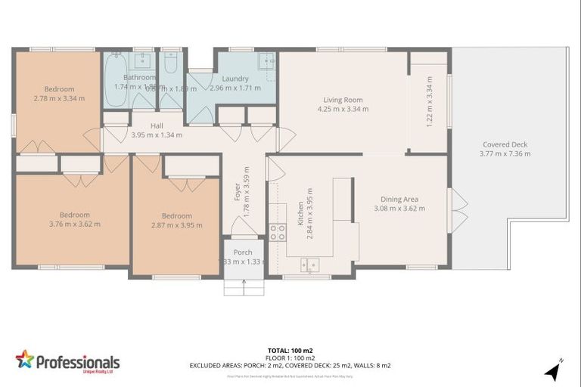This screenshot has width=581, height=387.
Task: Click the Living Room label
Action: pos(343,99)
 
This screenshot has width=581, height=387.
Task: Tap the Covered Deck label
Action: pos(505,144)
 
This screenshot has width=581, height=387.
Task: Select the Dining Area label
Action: pos(399,200)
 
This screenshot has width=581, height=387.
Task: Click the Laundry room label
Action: pos(235,78)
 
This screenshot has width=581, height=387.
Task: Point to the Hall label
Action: pos(157,125)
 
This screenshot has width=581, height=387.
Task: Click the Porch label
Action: pos(242,252)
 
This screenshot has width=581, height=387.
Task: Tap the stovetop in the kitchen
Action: pos(278,232)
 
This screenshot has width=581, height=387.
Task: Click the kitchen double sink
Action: pos(309,264)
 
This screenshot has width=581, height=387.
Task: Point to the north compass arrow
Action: pos(554,370)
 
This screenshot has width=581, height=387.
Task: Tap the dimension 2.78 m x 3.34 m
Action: pos(58,98)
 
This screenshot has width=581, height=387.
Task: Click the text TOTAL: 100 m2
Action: pos(290,350)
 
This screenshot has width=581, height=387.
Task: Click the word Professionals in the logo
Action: pos(78,361)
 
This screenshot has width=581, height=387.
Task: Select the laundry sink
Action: pos(266,60)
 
